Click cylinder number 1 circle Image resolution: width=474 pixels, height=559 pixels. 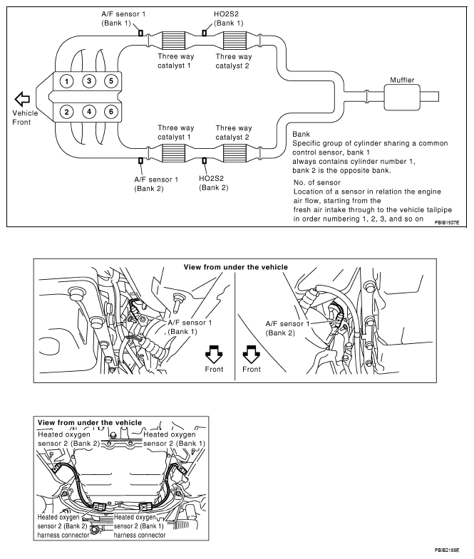66,80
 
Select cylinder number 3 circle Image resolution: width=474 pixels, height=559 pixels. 88,80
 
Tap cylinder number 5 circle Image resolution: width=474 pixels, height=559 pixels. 110,80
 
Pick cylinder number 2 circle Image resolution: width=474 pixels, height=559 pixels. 66,111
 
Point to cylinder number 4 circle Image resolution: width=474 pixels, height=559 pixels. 88,111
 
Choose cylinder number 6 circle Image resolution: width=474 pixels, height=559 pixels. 110,111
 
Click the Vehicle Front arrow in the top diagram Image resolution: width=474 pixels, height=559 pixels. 24,98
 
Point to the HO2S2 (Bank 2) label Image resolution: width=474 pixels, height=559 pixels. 214,182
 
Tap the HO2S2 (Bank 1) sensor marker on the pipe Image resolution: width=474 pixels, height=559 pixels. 204,32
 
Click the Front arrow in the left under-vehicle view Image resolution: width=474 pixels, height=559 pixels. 213,352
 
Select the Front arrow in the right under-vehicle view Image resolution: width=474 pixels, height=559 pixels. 251,352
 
